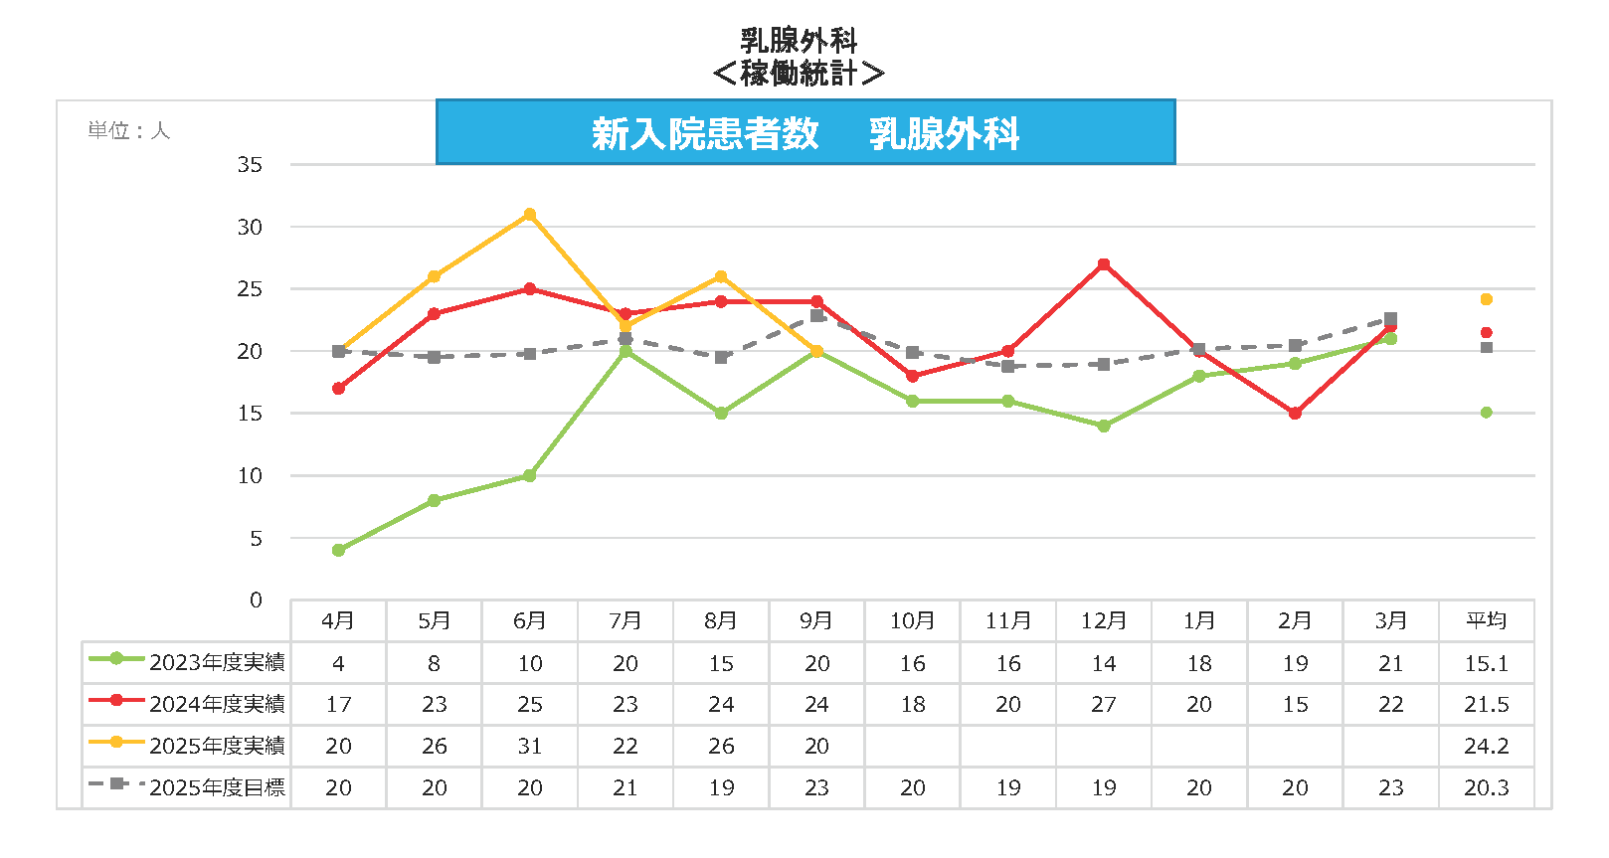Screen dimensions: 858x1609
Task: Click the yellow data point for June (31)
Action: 530,215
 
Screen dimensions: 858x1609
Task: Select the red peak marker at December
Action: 1104,264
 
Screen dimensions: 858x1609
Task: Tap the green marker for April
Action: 339,550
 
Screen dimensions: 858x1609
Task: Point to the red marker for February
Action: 1295,414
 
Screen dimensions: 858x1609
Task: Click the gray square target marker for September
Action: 817,315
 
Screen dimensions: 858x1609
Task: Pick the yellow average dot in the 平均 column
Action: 1486,299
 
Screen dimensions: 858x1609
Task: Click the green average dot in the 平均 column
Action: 1486,413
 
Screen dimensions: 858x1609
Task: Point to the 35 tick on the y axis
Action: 250,165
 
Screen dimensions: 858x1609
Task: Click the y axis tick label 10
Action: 250,476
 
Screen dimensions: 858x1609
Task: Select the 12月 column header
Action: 1104,621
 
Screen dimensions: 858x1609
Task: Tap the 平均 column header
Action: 1486,621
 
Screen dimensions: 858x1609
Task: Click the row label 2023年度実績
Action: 217,662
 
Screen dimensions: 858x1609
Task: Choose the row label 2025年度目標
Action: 217,787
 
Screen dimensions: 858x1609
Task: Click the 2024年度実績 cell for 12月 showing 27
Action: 1104,705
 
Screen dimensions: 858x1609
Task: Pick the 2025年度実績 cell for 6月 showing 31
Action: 530,746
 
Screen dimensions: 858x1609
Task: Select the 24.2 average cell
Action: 1486,746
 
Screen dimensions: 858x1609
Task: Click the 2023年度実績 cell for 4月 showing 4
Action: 339,663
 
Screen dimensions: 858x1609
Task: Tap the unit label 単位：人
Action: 129,131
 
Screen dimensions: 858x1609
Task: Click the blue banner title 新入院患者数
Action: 705,133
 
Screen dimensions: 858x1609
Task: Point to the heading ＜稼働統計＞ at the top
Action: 799,73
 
